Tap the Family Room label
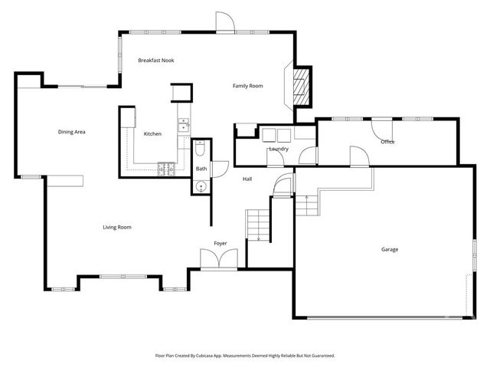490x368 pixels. (x=247, y=86)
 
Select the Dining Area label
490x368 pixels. (x=71, y=132)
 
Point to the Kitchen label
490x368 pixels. (x=152, y=134)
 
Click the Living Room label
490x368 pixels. (x=118, y=227)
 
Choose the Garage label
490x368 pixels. (x=390, y=249)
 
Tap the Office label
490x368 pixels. (x=387, y=142)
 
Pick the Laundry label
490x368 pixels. (x=278, y=149)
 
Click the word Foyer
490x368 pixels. (x=220, y=243)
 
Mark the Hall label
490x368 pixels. (x=247, y=179)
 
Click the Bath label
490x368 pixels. (x=201, y=169)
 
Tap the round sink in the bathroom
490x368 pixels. (x=201, y=186)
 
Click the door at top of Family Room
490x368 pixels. (x=224, y=23)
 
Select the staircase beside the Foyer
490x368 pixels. (x=259, y=225)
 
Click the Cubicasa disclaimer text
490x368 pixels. (x=245, y=356)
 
